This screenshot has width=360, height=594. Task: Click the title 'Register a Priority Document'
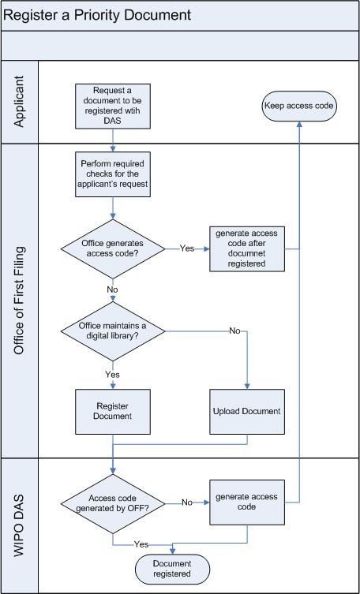click(97, 15)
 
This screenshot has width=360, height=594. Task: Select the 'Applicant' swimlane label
click(19, 102)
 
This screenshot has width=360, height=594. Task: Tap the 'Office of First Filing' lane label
click(19, 301)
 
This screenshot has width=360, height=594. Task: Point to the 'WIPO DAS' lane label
click(19, 525)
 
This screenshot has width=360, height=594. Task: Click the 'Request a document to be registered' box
click(113, 106)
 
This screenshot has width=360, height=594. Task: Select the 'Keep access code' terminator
click(299, 106)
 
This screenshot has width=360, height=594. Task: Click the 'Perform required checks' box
click(113, 174)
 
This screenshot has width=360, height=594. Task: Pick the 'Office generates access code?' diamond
click(113, 249)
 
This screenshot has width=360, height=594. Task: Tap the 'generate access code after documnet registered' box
click(247, 249)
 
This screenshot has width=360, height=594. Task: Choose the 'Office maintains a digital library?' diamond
click(113, 331)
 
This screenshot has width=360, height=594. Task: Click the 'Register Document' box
click(113, 412)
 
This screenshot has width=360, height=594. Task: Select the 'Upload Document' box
click(247, 412)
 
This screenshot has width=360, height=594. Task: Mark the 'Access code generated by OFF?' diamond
click(113, 504)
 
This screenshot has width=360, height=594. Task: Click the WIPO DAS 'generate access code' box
click(247, 502)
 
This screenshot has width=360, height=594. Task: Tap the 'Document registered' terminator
click(172, 569)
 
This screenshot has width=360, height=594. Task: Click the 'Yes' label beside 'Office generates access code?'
click(187, 248)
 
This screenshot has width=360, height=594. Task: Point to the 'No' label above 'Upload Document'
click(235, 331)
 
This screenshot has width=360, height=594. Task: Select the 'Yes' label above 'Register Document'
click(113, 374)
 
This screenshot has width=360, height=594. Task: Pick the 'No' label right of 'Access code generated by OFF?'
click(187, 502)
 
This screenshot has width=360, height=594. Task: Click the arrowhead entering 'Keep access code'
click(299, 125)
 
